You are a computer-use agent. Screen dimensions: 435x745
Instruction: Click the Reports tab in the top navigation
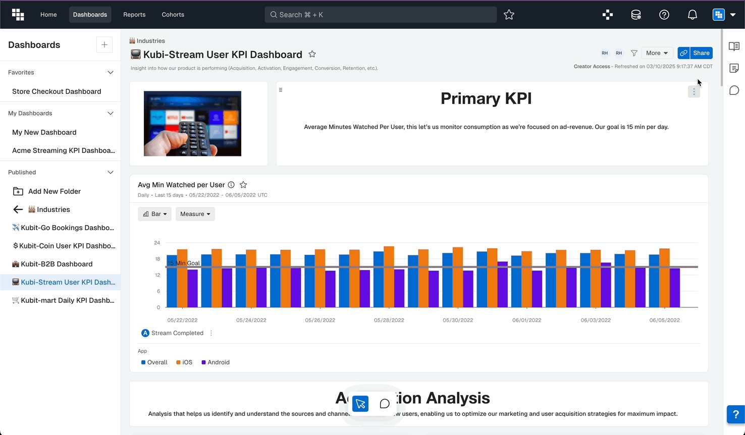click(134, 15)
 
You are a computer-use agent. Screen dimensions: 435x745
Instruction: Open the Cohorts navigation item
click(173, 15)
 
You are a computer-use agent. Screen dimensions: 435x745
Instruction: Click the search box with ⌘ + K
click(380, 15)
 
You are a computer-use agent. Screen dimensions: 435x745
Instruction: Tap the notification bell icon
click(692, 15)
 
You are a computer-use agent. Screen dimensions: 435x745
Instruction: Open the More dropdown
click(657, 53)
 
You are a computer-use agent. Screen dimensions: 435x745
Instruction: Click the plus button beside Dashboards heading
click(104, 45)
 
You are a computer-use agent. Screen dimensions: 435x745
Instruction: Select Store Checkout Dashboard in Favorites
click(57, 91)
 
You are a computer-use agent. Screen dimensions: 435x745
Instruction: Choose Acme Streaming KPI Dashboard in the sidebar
click(63, 150)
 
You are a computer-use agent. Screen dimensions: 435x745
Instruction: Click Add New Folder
click(54, 191)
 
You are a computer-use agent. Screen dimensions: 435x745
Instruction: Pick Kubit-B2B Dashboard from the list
click(57, 264)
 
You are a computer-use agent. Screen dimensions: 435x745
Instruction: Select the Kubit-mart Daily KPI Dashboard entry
click(67, 300)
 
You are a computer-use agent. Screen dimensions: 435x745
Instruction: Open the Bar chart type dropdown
click(154, 214)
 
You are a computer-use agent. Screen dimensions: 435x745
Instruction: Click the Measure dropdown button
click(195, 214)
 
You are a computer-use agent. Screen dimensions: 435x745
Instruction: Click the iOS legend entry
click(185, 362)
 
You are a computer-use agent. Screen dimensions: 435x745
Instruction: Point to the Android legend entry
click(216, 362)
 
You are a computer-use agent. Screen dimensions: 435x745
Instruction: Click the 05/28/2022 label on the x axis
click(389, 320)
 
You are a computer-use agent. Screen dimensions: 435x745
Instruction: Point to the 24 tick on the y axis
click(157, 243)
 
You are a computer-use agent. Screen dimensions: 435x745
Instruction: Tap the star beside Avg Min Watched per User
click(243, 185)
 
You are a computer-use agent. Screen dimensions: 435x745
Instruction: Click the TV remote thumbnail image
click(192, 124)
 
